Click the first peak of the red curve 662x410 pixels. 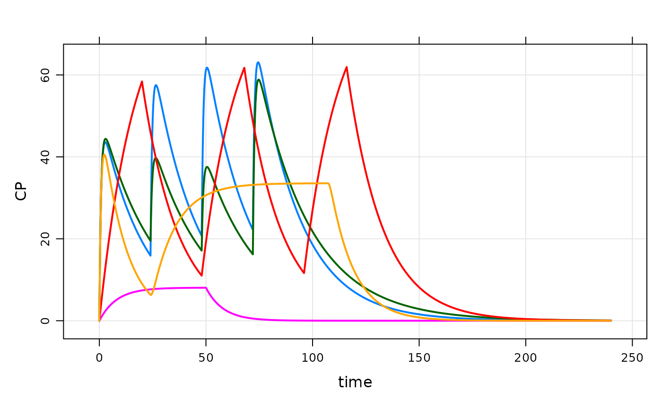142,81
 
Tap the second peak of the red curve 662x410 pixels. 244,68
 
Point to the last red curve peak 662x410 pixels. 347,67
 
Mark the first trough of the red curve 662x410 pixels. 202,276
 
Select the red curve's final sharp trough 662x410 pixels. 304,273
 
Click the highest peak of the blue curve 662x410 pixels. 258,62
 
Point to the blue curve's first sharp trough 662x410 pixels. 150,256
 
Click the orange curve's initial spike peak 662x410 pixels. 105,154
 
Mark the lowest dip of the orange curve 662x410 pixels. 151,295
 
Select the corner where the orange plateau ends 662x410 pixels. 329,183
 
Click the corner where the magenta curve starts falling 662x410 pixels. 206,287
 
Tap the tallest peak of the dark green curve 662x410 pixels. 259,79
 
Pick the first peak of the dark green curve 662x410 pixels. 105,139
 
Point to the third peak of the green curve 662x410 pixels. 207,167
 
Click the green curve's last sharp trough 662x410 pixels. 253,254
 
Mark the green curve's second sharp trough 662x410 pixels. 201,250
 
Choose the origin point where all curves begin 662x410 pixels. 99,321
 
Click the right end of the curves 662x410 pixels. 611,321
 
